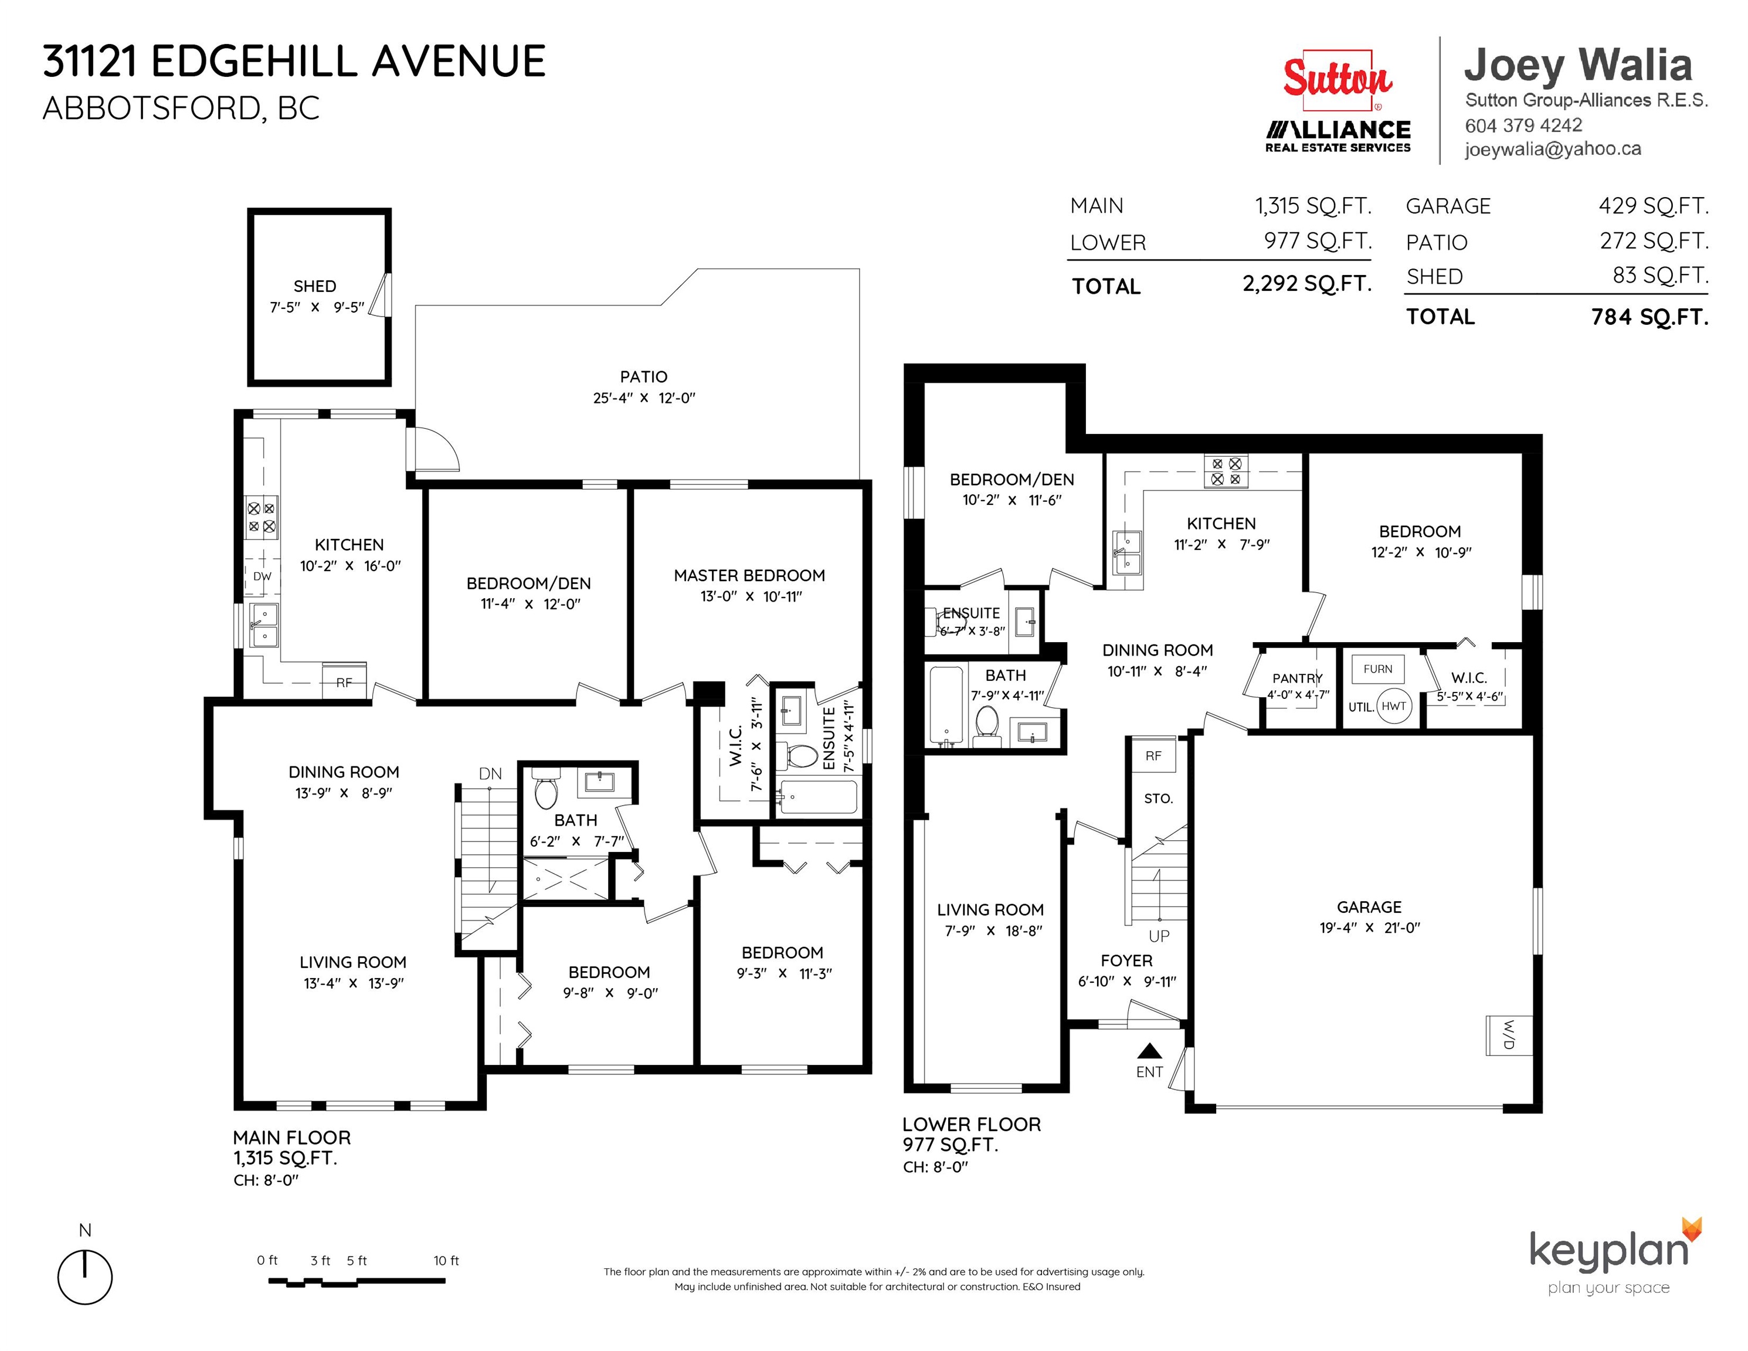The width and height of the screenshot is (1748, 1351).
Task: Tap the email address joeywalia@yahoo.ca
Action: (x=1553, y=149)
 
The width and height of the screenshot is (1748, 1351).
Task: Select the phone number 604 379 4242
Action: (x=1523, y=125)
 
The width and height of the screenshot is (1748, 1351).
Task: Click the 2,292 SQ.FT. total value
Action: (x=1307, y=283)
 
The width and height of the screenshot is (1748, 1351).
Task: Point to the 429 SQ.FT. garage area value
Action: (x=1654, y=206)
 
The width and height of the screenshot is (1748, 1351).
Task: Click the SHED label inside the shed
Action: (x=314, y=286)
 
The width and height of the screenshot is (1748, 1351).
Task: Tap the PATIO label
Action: (x=643, y=376)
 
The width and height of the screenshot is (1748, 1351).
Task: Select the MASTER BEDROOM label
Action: (x=749, y=575)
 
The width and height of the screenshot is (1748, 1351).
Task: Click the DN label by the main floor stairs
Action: (x=491, y=774)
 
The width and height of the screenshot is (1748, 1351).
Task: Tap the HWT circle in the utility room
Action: (x=1393, y=706)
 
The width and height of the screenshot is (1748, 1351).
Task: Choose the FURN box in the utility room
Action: (x=1377, y=669)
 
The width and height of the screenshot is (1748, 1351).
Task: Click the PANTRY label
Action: (x=1298, y=678)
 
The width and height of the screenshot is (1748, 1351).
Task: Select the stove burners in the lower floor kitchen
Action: (x=1226, y=471)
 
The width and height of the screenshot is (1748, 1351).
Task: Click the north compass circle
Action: (x=85, y=1277)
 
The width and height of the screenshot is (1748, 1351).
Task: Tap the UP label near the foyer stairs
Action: (x=1159, y=936)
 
